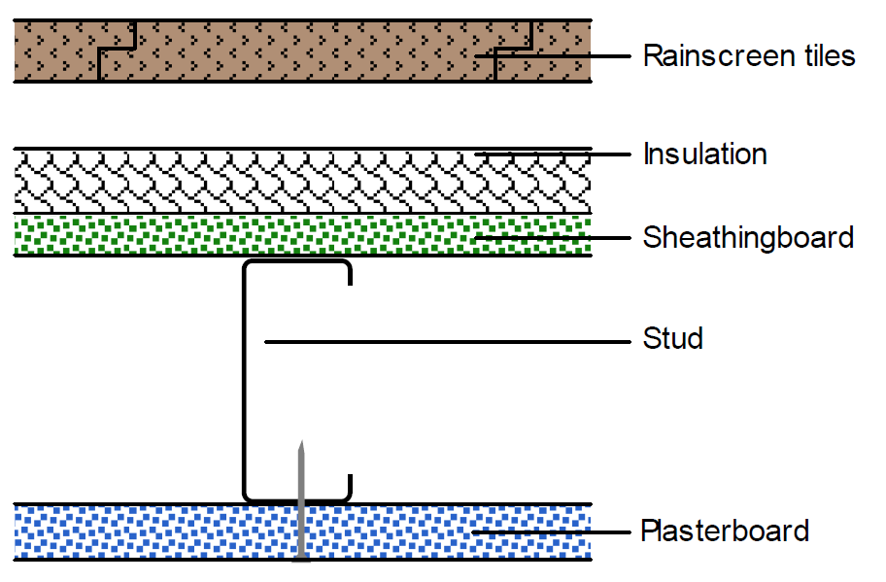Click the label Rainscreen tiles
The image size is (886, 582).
(748, 55)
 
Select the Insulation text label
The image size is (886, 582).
(704, 154)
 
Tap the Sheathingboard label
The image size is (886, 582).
(748, 236)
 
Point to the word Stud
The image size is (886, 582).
(672, 339)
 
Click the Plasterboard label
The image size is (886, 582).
(724, 531)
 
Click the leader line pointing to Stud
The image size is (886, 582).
(447, 341)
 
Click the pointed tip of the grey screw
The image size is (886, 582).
(302, 443)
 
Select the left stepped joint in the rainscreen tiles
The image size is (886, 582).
(116, 49)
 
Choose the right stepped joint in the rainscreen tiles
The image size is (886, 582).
(513, 49)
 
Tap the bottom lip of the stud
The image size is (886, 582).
(347, 486)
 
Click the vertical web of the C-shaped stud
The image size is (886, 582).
(244, 379)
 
